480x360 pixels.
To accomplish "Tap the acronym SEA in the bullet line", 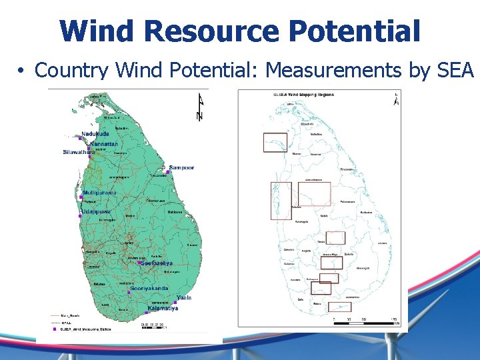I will coord(455,69).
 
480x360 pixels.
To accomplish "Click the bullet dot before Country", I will coord(22,70).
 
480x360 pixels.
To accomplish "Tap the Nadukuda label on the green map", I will coord(95,133).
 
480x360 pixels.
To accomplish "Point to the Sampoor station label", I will coord(181,167).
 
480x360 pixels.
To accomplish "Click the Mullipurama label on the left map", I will coord(99,193).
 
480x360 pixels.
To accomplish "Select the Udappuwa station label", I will coord(97,211).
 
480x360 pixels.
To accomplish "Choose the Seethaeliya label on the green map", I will coord(157,263).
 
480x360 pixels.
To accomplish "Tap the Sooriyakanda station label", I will coord(150,288).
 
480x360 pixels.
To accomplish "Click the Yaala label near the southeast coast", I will coord(184,297).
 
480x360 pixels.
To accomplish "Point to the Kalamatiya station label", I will coord(164,308).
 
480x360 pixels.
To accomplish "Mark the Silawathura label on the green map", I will coord(79,152).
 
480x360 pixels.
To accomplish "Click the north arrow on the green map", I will coord(199,107).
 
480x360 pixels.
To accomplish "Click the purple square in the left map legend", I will coord(54,329).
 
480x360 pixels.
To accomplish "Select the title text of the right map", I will coord(304,95).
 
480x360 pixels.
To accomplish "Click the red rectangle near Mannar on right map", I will coord(275,142).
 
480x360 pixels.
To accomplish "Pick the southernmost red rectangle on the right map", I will coord(340,307).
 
